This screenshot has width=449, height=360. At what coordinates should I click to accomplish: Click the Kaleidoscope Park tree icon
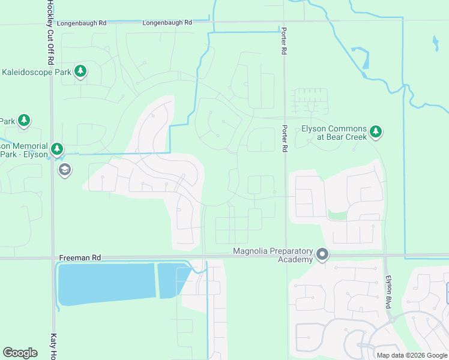[80, 72]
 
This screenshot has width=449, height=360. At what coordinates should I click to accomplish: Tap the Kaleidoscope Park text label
[36, 72]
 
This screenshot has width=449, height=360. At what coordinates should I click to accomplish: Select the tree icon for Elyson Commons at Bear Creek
[376, 131]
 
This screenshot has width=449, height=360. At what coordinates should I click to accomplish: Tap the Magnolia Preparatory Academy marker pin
[322, 255]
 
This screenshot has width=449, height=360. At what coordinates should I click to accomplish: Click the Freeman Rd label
[80, 257]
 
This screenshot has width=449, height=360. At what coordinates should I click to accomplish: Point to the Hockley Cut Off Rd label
[47, 33]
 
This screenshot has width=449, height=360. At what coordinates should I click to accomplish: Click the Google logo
[20, 353]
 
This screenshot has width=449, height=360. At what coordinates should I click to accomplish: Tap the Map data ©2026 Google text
[412, 355]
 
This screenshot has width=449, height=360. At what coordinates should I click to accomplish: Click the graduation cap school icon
[64, 171]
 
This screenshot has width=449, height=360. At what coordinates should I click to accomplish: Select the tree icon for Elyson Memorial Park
[57, 148]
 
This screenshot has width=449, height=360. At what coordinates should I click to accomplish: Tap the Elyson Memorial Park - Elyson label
[24, 150]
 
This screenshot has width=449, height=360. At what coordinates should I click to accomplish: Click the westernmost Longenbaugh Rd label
[82, 23]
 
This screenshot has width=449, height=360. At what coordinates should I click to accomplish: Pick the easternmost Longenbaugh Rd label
[167, 23]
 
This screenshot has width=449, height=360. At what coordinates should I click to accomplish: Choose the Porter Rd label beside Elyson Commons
[285, 137]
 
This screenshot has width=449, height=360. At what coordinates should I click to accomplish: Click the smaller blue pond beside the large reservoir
[172, 280]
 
